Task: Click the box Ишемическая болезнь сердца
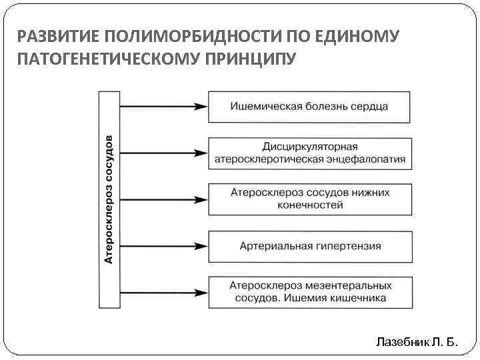pyautogui.click(x=309, y=107)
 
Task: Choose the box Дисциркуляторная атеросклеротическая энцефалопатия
pyautogui.click(x=309, y=153)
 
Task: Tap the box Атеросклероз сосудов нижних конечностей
pyautogui.click(x=309, y=199)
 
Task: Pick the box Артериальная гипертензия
pyautogui.click(x=309, y=246)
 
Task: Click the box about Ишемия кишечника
pyautogui.click(x=309, y=292)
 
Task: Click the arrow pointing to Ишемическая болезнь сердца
pyautogui.click(x=163, y=107)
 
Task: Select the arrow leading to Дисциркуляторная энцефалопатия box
pyautogui.click(x=163, y=153)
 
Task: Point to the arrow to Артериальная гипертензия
pyautogui.click(x=163, y=246)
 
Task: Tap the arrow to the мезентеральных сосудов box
pyautogui.click(x=163, y=292)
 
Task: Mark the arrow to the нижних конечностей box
pyautogui.click(x=163, y=199)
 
